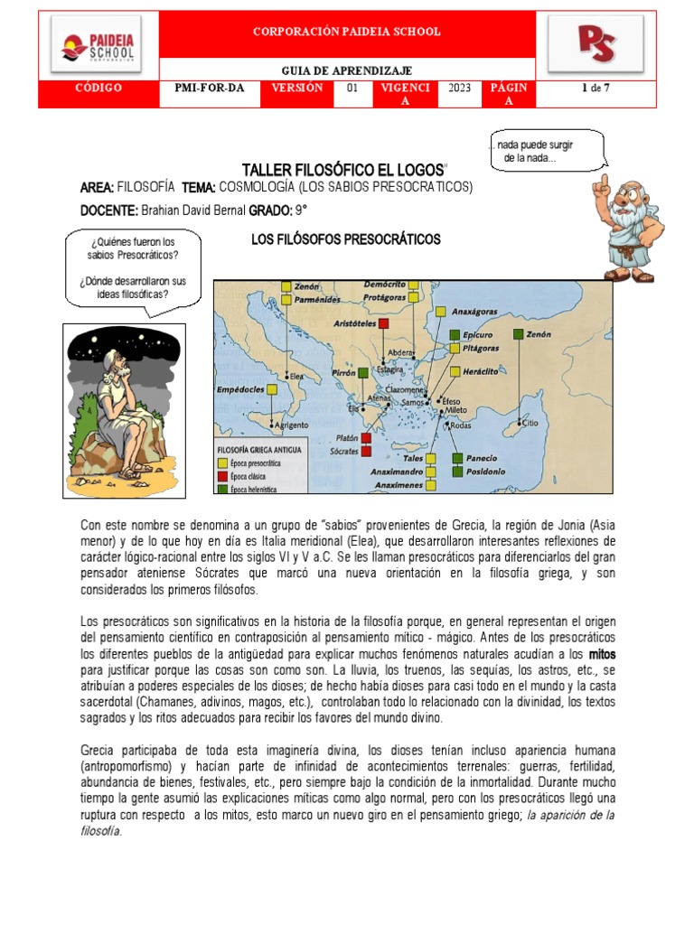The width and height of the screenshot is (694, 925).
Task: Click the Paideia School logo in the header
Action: (98, 45)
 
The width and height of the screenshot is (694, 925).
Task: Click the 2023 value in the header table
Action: (459, 88)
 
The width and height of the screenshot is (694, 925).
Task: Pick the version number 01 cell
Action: (352, 88)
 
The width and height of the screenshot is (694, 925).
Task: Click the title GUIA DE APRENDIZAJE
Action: (348, 70)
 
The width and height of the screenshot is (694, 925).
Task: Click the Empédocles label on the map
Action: (241, 389)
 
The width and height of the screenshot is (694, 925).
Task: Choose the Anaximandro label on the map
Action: (397, 471)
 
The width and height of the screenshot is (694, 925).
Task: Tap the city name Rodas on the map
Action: (460, 425)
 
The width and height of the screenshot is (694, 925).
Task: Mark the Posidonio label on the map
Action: (487, 471)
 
